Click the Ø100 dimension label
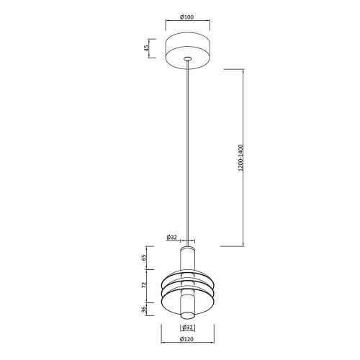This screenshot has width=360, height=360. coord(186,17)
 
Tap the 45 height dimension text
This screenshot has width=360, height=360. coord(146,48)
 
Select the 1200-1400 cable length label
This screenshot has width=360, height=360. coord(240,158)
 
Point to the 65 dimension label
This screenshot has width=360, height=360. coord(144,258)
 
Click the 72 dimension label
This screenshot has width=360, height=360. coord(144,285)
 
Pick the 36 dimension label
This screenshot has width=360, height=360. coord(144,309)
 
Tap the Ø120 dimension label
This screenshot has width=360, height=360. coord(186,339)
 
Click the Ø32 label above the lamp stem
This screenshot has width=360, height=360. coord(171,237)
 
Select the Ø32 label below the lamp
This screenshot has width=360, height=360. coord(187,327)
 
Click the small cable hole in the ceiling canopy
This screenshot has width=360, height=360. coord(187,58)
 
